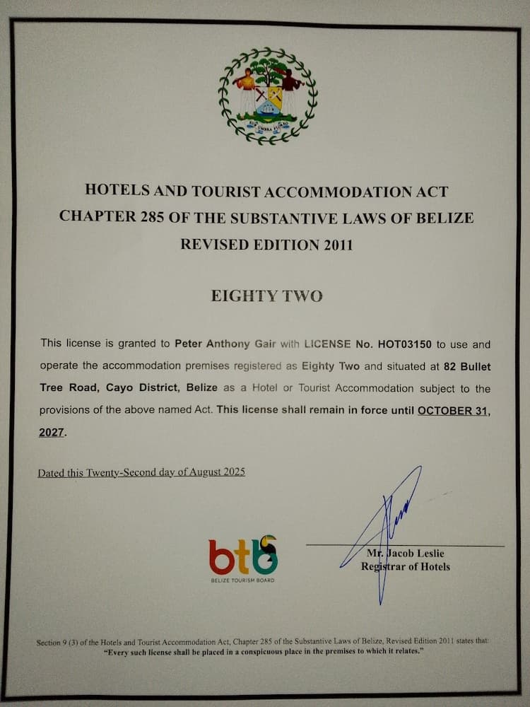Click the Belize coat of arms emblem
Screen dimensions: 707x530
pos(267,95)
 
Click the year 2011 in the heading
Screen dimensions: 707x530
pos(334,245)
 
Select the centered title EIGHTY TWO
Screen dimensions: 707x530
pos(266,296)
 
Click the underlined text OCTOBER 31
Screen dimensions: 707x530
pos(452,410)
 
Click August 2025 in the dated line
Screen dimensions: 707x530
pos(211,472)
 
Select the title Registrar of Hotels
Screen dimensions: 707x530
pos(405,566)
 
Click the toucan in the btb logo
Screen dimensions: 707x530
pos(264,555)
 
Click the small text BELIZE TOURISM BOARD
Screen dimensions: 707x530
pos(242,580)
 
